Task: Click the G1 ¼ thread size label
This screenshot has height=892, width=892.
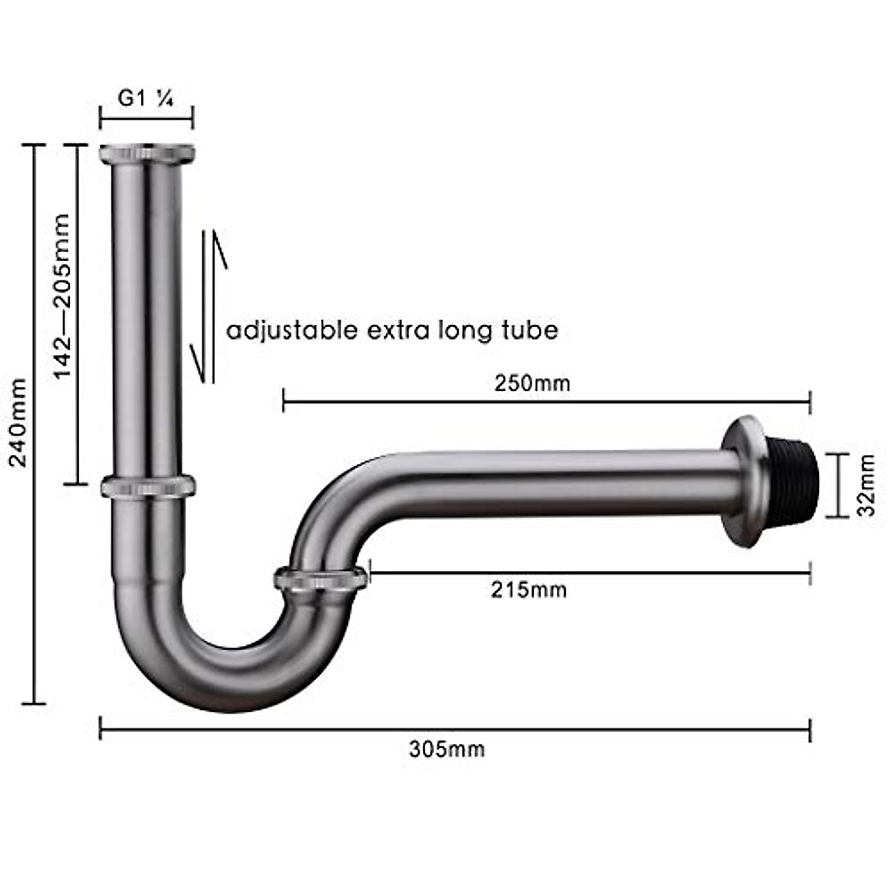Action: [x=146, y=98]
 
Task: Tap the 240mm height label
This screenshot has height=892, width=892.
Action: [x=19, y=423]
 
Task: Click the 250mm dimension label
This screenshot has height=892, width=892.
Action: [x=532, y=384]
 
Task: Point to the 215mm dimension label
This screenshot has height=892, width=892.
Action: [x=529, y=590]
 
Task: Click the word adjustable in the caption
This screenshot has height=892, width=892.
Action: [x=292, y=332]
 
